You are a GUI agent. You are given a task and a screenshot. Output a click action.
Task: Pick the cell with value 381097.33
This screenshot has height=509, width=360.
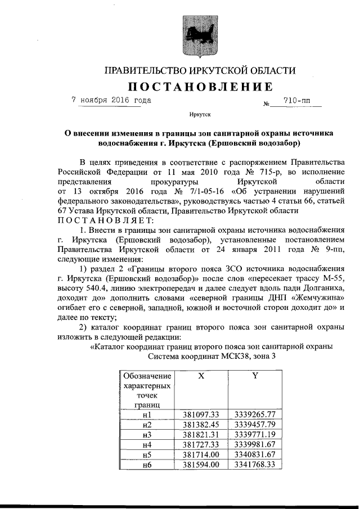pos(201,415)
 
